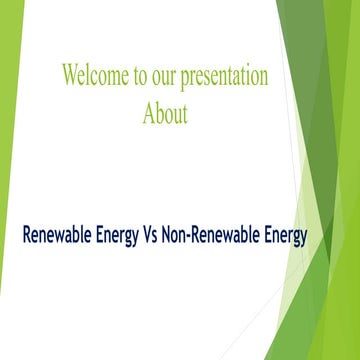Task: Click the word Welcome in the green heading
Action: [89, 75]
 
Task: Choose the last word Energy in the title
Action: [283, 238]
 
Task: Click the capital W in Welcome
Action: [68, 75]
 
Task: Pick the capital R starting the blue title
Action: [27, 237]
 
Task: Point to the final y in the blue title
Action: [302, 240]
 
